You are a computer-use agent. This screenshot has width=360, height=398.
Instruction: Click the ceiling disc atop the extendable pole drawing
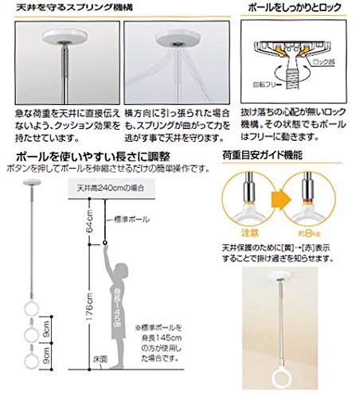click(x=30, y=184)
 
